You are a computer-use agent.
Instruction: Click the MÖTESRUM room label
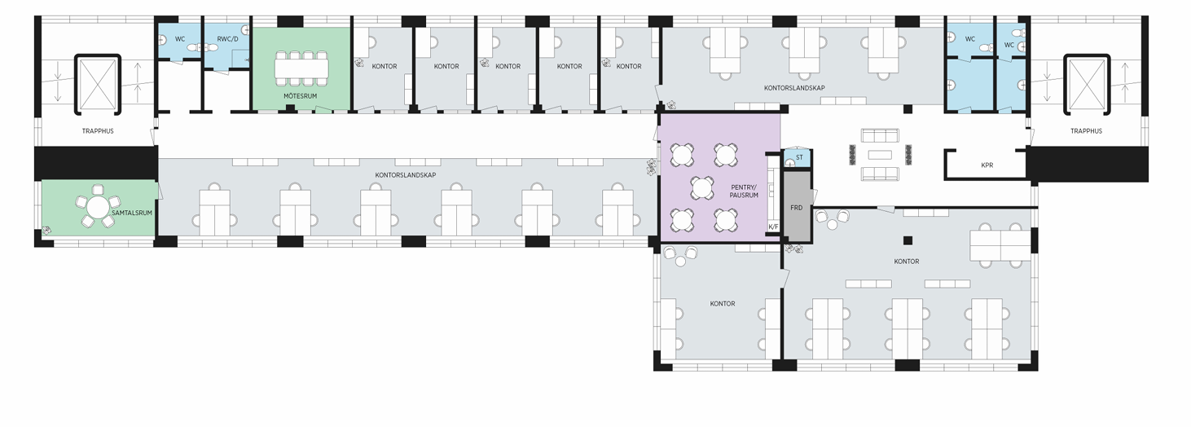tap(301, 96)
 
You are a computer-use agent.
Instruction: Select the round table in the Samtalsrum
tap(97, 207)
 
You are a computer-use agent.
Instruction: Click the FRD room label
tap(796, 208)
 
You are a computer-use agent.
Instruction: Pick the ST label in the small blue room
tap(799, 157)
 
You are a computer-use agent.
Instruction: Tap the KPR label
tap(987, 165)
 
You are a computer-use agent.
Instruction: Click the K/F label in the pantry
tap(773, 227)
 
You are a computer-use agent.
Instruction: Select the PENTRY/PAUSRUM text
tap(744, 191)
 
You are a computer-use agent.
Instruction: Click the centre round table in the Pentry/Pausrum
tap(702, 187)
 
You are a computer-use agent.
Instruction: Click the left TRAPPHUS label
tap(98, 131)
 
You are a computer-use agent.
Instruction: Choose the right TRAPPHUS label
tap(1086, 131)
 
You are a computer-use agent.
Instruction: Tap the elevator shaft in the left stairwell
tap(98, 84)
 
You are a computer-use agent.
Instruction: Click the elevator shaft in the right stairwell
tap(1087, 84)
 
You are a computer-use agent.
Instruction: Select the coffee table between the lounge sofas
tap(880, 155)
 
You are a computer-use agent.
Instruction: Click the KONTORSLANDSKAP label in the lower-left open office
tap(405, 175)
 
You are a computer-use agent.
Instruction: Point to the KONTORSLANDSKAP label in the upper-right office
tap(794, 88)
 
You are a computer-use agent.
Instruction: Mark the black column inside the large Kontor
tap(908, 240)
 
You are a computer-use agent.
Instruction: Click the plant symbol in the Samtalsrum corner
tap(46, 231)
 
